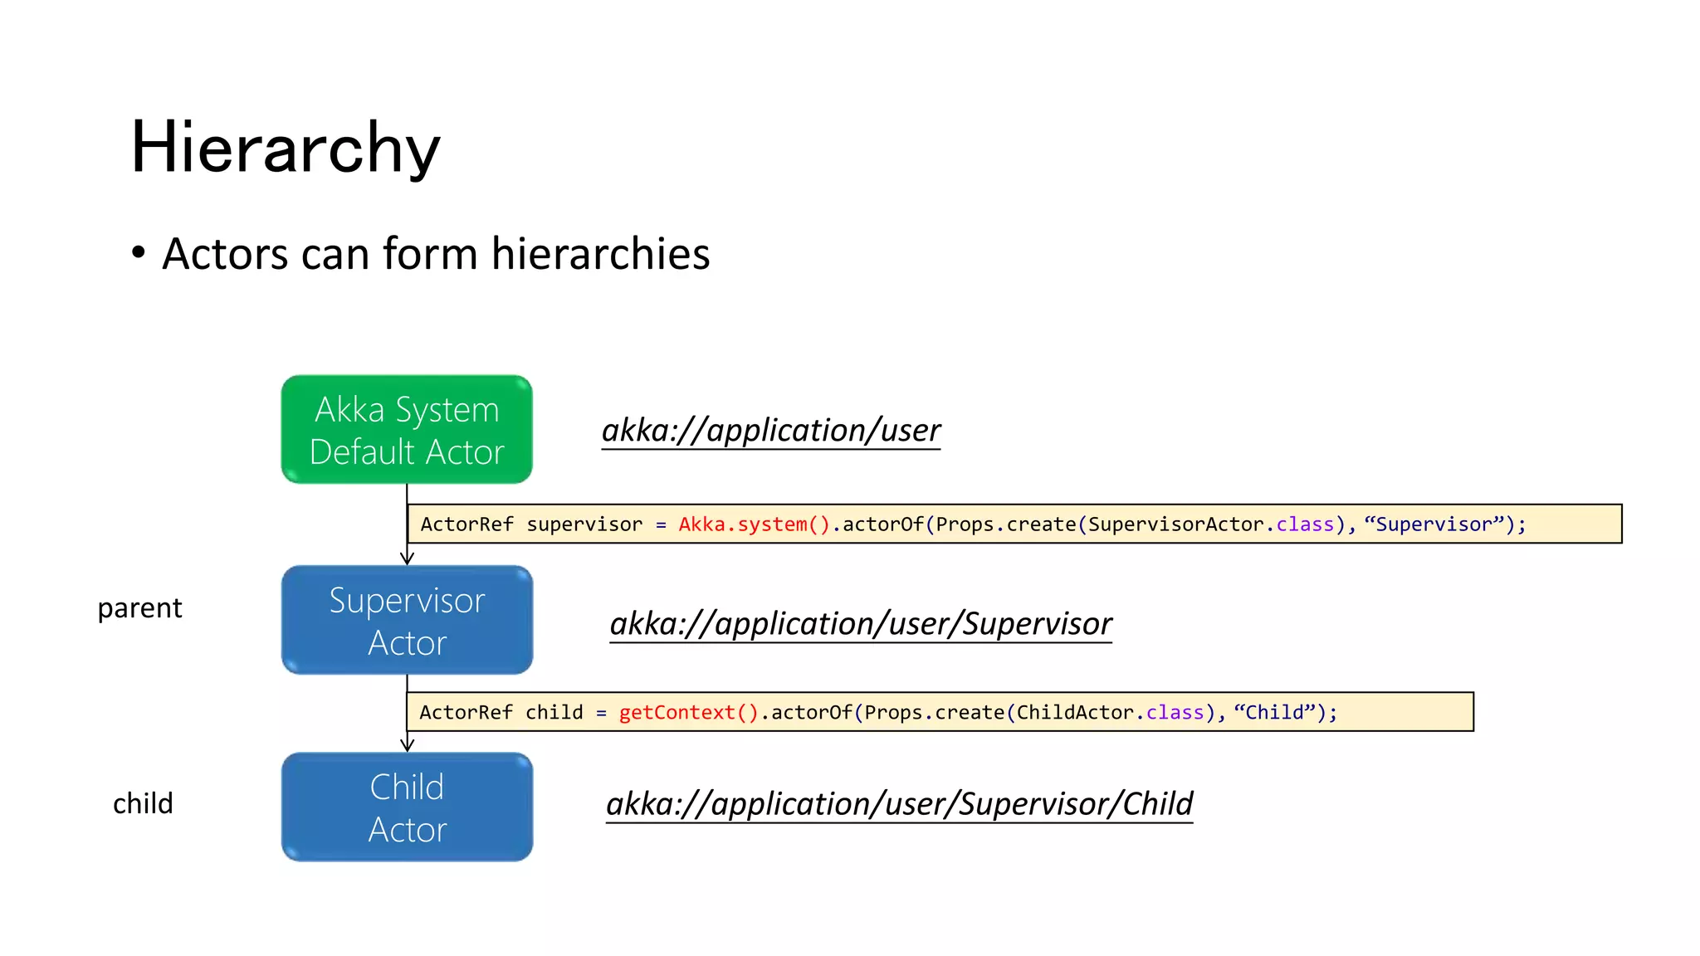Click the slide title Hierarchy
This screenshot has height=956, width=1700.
click(x=286, y=148)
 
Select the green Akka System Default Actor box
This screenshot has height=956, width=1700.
click(x=407, y=429)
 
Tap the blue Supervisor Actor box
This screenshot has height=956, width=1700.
click(x=407, y=620)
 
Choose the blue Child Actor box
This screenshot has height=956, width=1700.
click(x=407, y=807)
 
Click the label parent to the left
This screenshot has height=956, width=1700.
click(x=139, y=608)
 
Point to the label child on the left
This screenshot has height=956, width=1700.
click(x=143, y=803)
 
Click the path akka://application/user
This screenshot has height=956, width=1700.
click(x=770, y=430)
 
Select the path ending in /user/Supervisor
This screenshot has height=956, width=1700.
click(x=860, y=623)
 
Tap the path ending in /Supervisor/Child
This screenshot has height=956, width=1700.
click(x=899, y=803)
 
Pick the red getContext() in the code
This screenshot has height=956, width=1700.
click(x=688, y=713)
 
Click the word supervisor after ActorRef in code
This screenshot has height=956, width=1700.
click(x=584, y=524)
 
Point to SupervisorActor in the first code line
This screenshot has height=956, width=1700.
click(x=1175, y=524)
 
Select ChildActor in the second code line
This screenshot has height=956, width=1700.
click(x=1075, y=713)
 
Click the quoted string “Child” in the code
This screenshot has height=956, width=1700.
click(x=1274, y=713)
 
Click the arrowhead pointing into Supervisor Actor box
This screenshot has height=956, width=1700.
click(x=407, y=558)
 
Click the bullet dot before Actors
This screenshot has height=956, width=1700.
click(x=139, y=252)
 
